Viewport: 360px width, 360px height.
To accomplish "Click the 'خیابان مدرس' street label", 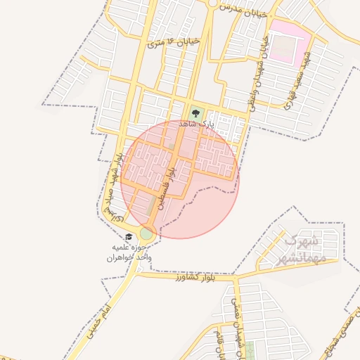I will pyautogui.click(x=243, y=11).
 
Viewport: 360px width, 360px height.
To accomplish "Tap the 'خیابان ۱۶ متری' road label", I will pyautogui.click(x=174, y=43).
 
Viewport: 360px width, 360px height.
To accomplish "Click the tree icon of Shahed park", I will pyautogui.click(x=195, y=112).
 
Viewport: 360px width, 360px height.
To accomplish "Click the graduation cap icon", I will pyautogui.click(x=128, y=237).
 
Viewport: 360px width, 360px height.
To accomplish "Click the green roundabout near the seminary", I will pyautogui.click(x=146, y=233).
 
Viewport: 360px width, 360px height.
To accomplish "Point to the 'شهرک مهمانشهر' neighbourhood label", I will pyautogui.click(x=302, y=247).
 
